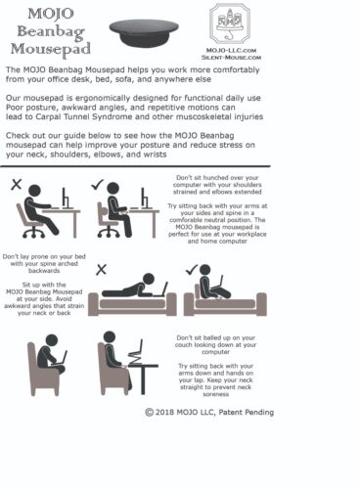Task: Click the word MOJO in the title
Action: [x=51, y=14]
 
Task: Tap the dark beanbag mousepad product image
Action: [x=144, y=32]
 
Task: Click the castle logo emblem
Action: [x=230, y=23]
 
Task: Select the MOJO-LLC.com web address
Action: [x=231, y=50]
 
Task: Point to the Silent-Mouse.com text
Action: [x=231, y=58]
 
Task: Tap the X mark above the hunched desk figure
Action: [x=17, y=184]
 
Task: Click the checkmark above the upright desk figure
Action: [x=97, y=184]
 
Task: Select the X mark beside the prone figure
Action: [x=102, y=270]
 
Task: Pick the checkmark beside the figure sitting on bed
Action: [x=192, y=269]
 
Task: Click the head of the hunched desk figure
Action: [x=34, y=191]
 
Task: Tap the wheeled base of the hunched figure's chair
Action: [x=33, y=232]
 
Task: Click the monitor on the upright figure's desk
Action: [x=144, y=199]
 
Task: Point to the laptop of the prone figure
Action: [x=161, y=289]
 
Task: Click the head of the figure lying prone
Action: [x=149, y=279]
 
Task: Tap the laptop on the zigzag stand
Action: [x=136, y=353]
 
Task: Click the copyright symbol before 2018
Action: [x=149, y=413]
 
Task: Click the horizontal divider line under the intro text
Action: [x=135, y=166]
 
